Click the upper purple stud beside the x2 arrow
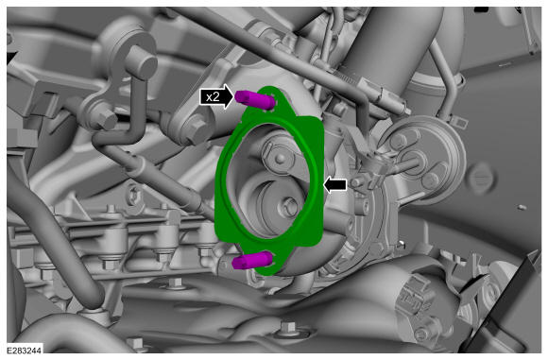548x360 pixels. point(254,99)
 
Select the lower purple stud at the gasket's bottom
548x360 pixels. point(251,261)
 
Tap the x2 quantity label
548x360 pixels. point(213,96)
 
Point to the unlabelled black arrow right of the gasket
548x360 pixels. point(335,184)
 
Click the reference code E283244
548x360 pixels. point(25,351)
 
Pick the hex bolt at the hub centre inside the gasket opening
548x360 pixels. point(289,206)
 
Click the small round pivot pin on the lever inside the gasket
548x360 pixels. point(280,160)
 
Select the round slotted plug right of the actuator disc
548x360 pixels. point(482,179)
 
